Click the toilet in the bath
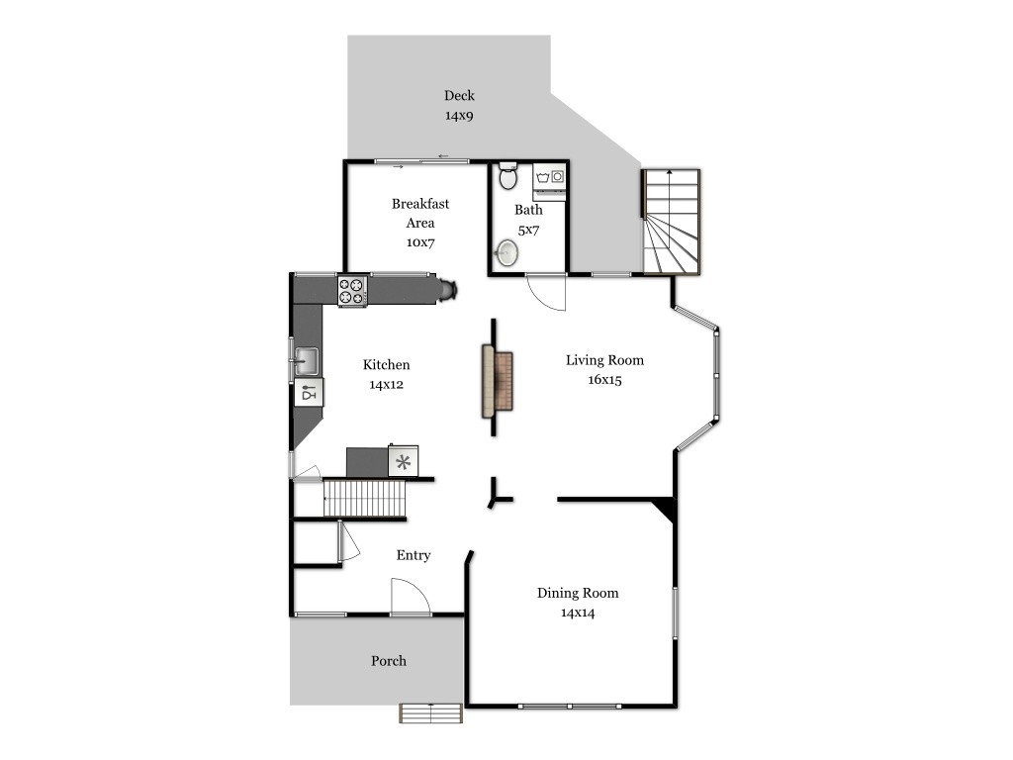[x=507, y=175]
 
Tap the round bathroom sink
[x=506, y=252]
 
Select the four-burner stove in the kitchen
[x=353, y=291]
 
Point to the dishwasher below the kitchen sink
[x=309, y=392]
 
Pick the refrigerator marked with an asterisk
[x=404, y=461]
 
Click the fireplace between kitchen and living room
[x=497, y=381]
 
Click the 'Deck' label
[x=459, y=96]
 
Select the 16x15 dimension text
[x=604, y=380]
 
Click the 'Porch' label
[x=389, y=661]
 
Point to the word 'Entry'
[x=414, y=555]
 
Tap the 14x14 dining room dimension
[x=578, y=613]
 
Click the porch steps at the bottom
[x=431, y=713]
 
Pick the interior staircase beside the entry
[x=364, y=499]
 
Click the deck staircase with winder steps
[x=672, y=222]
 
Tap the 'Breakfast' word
[x=420, y=204]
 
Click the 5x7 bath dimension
[x=528, y=230]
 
